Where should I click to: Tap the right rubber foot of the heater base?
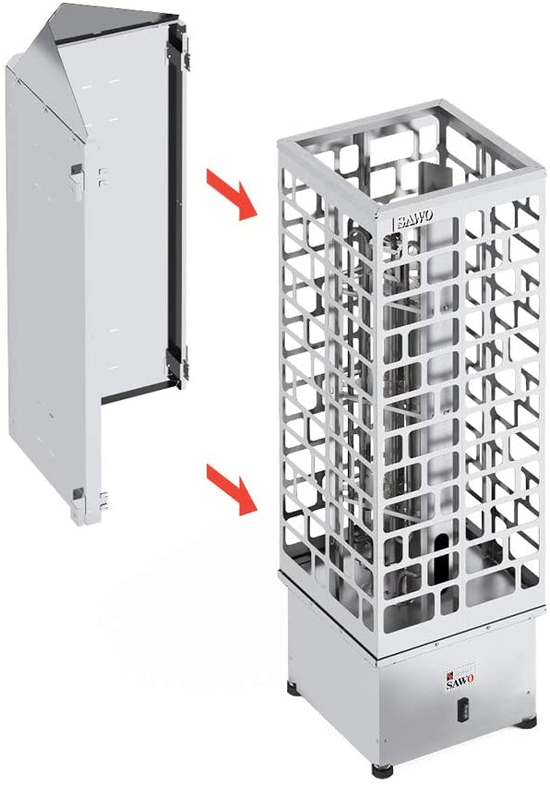click(x=526, y=722)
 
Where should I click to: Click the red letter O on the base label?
click(x=470, y=679)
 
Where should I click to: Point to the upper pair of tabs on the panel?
click(x=103, y=176)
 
